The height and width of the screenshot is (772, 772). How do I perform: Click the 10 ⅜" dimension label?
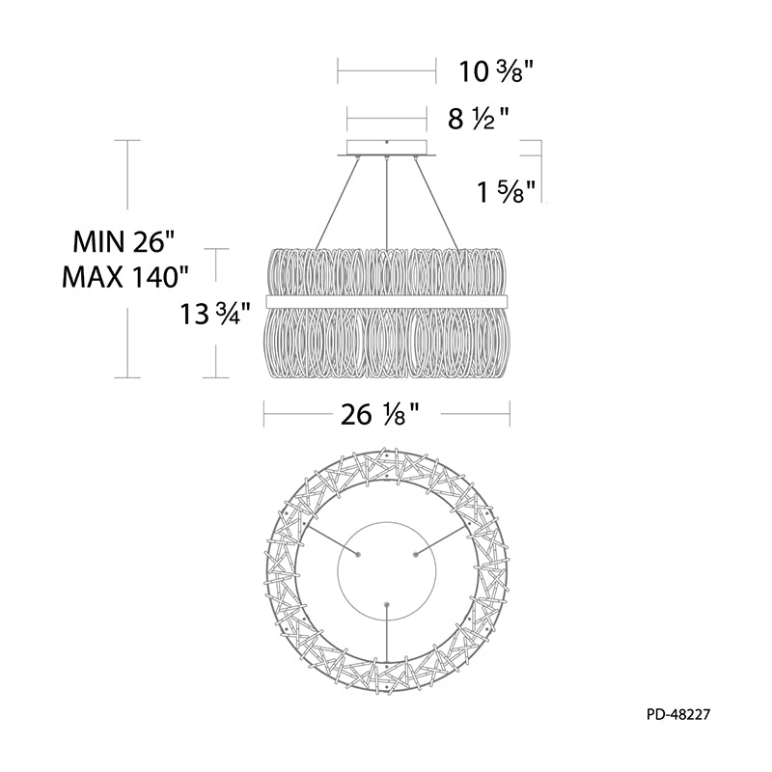496,71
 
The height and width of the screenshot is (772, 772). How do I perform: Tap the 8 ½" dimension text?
478,119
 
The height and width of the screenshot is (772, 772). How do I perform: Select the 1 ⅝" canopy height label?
506,191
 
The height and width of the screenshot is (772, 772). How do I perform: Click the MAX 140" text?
125,277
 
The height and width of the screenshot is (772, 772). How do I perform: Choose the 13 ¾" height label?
216,314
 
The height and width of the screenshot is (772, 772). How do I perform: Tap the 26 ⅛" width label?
380,415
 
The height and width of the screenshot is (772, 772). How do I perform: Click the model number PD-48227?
678,714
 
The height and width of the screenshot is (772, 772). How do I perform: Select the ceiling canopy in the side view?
387,149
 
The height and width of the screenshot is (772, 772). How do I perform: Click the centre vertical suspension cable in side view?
388,204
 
